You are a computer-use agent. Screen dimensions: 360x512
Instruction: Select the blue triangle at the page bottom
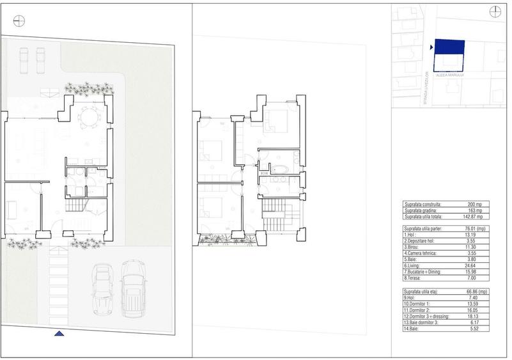(x=59, y=334)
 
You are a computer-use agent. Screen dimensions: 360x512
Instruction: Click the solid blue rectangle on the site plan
(x=449, y=47)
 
